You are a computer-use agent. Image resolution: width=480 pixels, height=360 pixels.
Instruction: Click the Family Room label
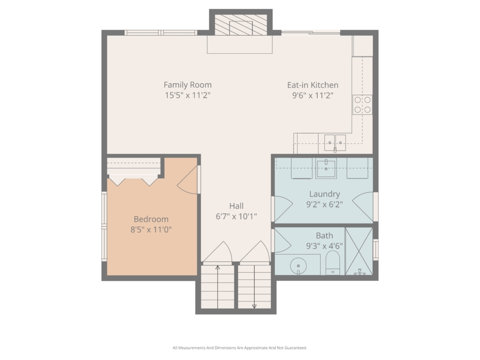[x=187, y=85]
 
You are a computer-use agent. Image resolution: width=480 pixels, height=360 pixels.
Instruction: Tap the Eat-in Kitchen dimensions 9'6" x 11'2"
[x=313, y=96]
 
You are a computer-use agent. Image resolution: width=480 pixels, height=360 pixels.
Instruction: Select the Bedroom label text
[x=151, y=219]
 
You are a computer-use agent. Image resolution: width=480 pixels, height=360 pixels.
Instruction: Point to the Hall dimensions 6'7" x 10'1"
[x=236, y=217]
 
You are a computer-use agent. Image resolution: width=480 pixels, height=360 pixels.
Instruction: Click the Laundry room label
[x=324, y=194]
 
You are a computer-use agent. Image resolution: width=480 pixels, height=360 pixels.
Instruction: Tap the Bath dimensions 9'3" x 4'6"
[x=324, y=246]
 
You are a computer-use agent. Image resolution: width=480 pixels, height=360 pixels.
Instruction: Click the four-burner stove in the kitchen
[x=362, y=105]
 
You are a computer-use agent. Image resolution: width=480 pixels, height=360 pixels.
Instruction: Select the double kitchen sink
[x=335, y=142]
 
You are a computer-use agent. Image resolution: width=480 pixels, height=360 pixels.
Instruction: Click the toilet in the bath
[x=332, y=263]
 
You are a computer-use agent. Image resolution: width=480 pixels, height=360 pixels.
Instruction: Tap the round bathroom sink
[x=298, y=265]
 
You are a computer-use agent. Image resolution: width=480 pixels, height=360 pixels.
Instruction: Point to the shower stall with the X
[x=359, y=251]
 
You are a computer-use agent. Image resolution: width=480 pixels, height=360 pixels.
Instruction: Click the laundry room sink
[x=326, y=168]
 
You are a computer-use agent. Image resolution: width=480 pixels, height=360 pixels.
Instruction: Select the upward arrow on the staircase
[x=217, y=287]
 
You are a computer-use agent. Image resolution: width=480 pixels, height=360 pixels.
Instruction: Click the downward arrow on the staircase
[x=254, y=287]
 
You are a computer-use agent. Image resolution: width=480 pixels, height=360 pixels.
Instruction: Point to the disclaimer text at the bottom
[x=240, y=348]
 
